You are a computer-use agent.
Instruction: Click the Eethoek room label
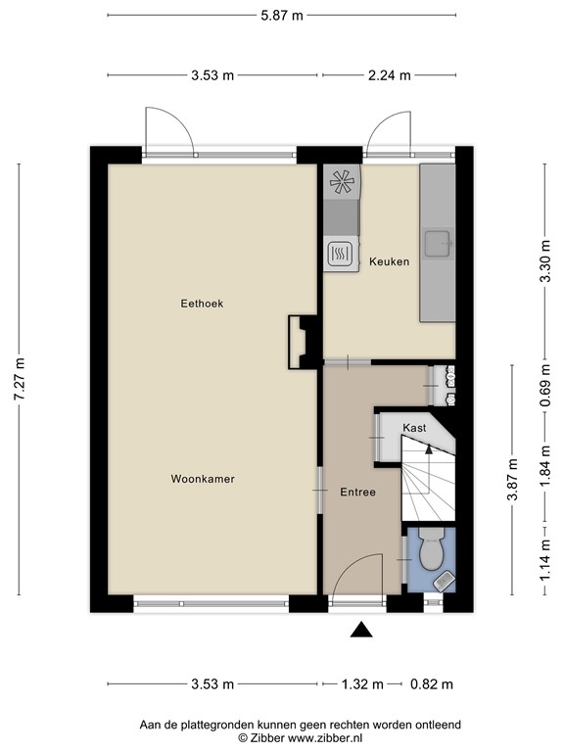point(202,304)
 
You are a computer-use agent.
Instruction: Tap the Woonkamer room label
point(203,479)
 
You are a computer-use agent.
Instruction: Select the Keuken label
point(389,262)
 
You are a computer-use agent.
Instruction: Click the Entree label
point(357,493)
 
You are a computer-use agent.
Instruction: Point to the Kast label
point(413,429)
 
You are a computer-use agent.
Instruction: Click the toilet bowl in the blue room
point(430,553)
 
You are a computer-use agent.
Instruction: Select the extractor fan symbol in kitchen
point(343,181)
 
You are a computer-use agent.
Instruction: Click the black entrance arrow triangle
point(361,631)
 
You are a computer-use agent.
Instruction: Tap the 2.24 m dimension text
point(390,75)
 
